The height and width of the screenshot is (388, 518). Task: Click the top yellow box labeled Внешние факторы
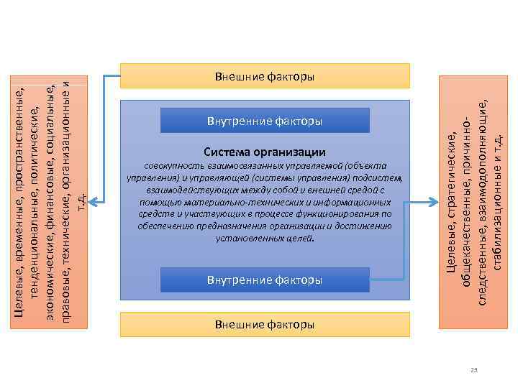click(x=264, y=75)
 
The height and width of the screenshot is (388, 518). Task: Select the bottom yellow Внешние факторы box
click(x=264, y=324)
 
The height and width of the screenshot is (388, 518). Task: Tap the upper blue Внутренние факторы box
click(x=264, y=121)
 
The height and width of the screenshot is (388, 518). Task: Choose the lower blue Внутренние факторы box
click(x=264, y=280)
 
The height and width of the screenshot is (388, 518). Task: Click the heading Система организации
click(x=264, y=152)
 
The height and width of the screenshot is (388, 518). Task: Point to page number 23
click(x=473, y=369)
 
